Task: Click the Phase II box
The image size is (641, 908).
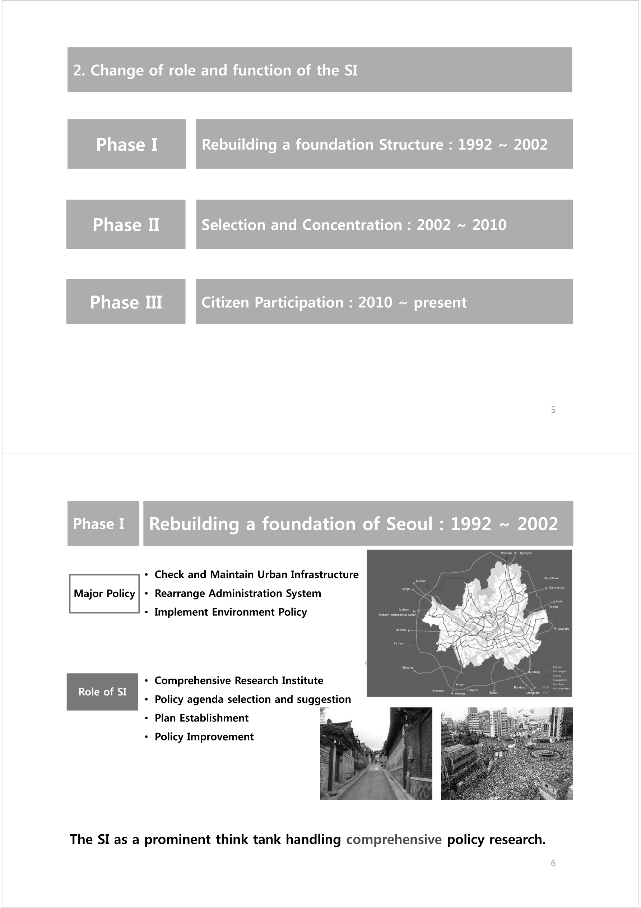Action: coord(126,224)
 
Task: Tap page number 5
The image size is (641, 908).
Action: coord(553,410)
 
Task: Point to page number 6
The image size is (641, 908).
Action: coord(553,863)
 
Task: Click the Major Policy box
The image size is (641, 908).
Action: coord(104,593)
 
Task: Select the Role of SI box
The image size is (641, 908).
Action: coord(102,692)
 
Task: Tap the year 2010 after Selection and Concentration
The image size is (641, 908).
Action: coord(489,225)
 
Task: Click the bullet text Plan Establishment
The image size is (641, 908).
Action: coord(201,718)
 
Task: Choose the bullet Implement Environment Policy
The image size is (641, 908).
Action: coord(231,612)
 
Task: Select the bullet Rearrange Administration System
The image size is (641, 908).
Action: coord(237,593)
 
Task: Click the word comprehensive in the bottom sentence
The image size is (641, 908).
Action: coord(394,839)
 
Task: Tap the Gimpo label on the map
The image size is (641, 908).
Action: coord(406,589)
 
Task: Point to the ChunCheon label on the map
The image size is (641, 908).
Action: coord(551,578)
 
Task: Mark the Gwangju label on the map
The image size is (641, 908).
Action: coord(563,629)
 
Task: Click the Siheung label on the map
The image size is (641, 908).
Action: coord(407,668)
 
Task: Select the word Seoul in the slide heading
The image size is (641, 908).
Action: coord(409,524)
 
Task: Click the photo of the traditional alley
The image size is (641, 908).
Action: coord(376,754)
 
